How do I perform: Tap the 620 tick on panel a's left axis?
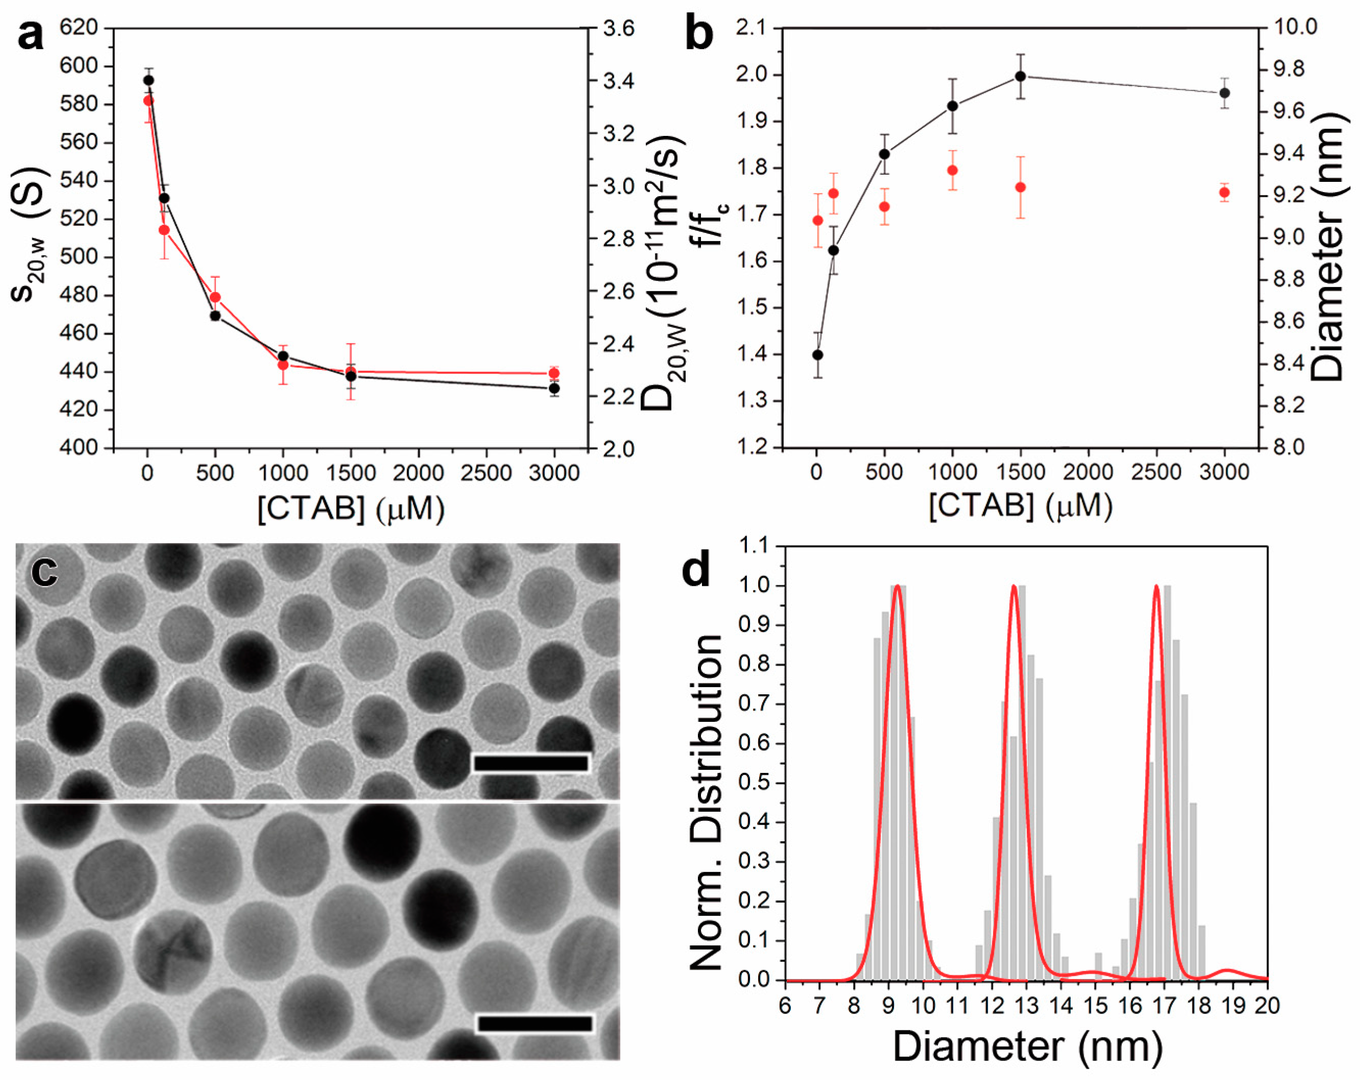click(79, 27)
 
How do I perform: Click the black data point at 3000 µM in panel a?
click(554, 388)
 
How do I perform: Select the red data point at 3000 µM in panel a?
click(554, 373)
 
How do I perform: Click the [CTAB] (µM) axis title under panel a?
click(351, 508)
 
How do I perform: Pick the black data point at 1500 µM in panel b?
click(1021, 76)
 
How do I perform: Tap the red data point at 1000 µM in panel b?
click(952, 170)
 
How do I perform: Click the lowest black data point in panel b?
click(817, 355)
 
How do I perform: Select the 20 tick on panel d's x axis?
click(1267, 1006)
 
